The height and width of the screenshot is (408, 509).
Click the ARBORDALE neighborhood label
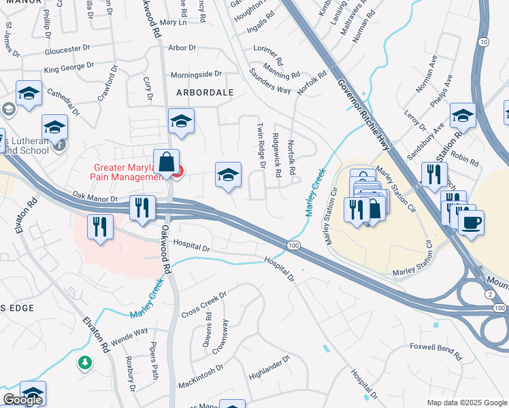[205, 92]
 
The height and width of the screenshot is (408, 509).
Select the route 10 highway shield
[483, 42]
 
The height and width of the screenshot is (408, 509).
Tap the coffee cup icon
[471, 222]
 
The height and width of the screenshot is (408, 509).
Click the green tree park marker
[84, 363]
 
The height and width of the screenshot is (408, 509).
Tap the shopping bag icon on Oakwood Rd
[166, 163]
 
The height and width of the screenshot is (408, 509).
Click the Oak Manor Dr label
[95, 197]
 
